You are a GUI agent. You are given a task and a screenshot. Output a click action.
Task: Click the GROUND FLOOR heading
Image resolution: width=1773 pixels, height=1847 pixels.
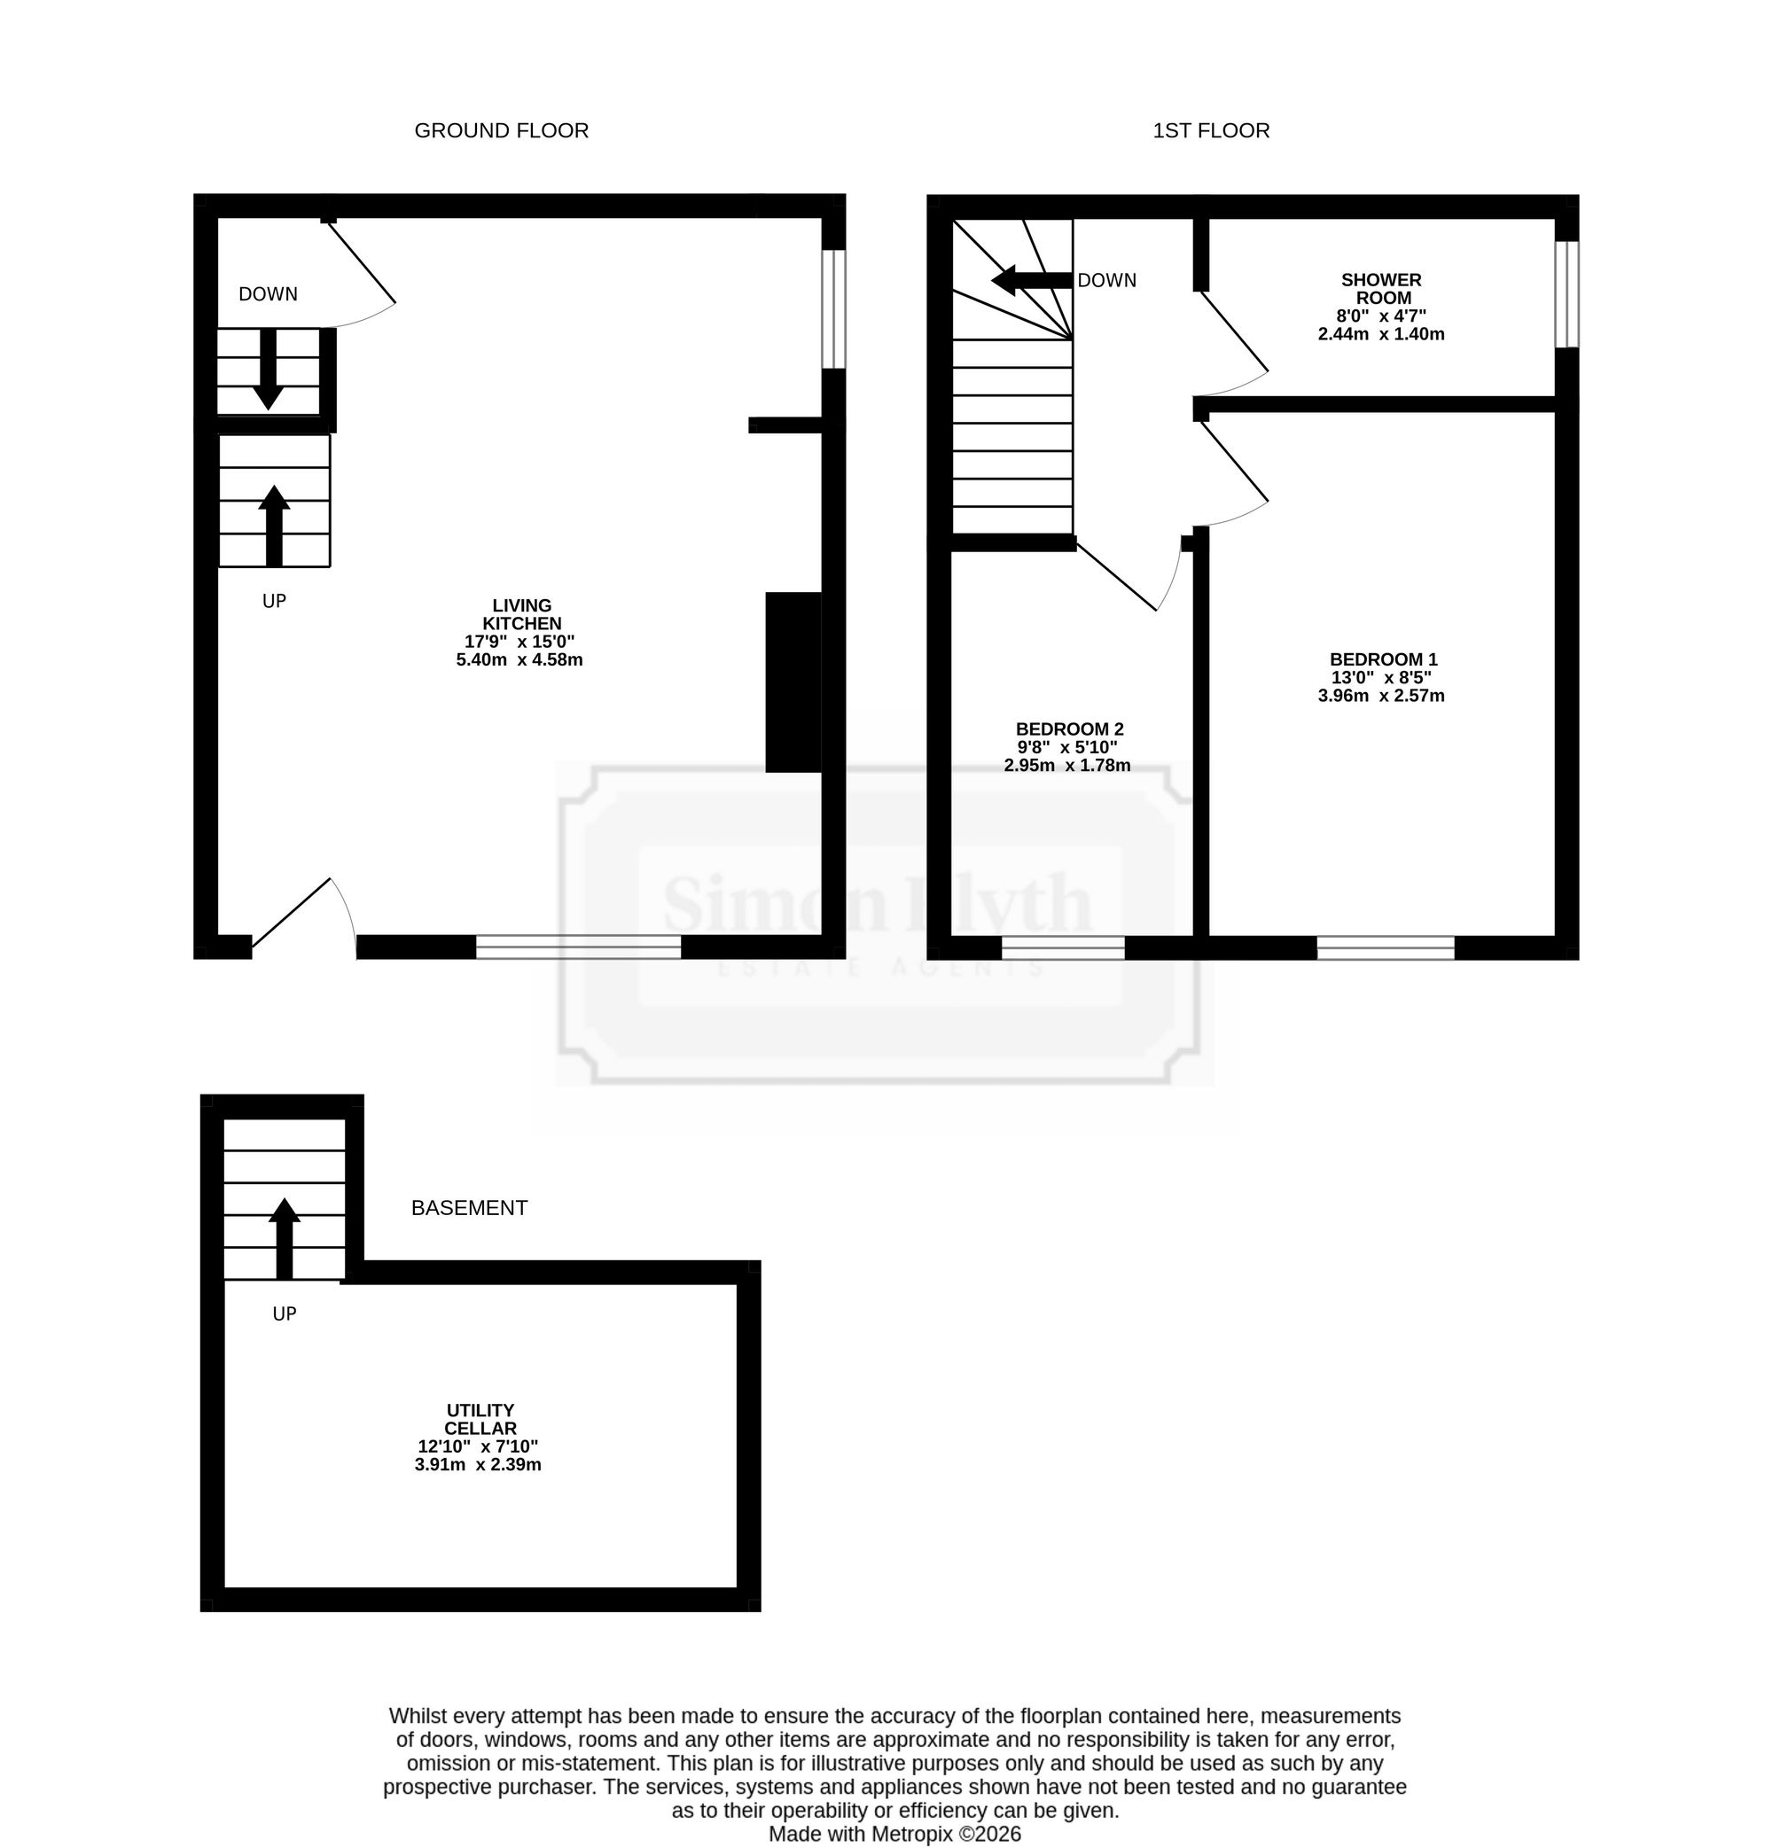pyautogui.click(x=502, y=131)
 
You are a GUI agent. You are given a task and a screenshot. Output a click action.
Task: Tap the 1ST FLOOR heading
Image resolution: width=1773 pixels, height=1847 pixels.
pyautogui.click(x=1211, y=131)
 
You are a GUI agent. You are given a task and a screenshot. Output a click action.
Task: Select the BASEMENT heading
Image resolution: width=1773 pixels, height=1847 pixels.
pyautogui.click(x=470, y=1208)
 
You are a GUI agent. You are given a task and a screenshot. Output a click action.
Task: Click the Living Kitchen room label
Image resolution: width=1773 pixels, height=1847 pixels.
pyautogui.click(x=520, y=632)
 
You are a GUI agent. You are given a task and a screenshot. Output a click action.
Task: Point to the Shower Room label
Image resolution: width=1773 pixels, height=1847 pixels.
pyautogui.click(x=1381, y=307)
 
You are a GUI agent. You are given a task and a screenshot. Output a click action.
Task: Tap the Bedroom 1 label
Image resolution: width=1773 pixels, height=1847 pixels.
pyautogui.click(x=1382, y=677)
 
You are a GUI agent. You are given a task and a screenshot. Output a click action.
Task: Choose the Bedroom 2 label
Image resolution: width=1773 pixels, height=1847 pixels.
pyautogui.click(x=1068, y=747)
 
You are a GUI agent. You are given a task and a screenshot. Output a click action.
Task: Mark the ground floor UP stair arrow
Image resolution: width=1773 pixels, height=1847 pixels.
pyautogui.click(x=274, y=526)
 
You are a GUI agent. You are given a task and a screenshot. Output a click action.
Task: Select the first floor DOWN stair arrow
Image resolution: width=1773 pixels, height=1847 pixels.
pyautogui.click(x=1032, y=280)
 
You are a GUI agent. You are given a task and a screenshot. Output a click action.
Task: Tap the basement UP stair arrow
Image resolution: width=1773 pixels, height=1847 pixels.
pyautogui.click(x=284, y=1238)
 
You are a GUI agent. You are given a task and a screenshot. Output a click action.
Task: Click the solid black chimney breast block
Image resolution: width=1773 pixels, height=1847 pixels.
pyautogui.click(x=793, y=682)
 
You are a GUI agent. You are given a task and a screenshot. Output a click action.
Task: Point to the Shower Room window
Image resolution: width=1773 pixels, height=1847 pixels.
pyautogui.click(x=1566, y=295)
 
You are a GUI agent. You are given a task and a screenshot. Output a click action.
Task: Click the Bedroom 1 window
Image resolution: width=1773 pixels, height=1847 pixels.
pyautogui.click(x=1386, y=948)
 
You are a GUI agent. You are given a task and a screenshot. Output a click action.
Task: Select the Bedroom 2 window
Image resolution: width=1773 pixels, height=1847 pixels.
pyautogui.click(x=1063, y=948)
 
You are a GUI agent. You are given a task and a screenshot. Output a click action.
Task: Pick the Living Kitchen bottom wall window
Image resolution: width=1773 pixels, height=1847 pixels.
pyautogui.click(x=579, y=947)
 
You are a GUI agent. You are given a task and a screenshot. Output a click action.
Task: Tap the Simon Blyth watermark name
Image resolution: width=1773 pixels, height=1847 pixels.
pyautogui.click(x=878, y=904)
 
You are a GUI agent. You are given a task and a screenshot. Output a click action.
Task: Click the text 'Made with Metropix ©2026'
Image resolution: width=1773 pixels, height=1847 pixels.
pyautogui.click(x=894, y=1834)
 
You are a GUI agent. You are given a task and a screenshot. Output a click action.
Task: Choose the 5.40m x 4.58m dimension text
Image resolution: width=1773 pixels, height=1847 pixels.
pyautogui.click(x=519, y=659)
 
